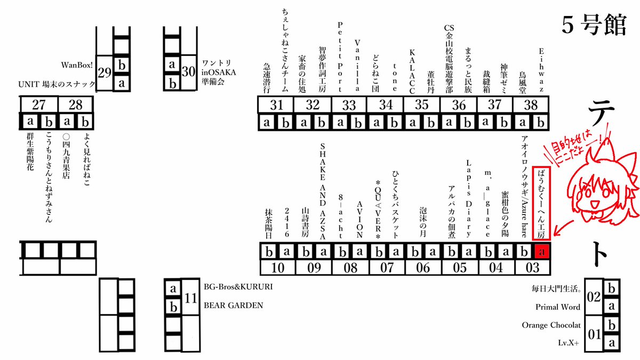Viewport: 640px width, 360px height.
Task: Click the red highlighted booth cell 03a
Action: pos(542,251)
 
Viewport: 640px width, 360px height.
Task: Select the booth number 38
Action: pos(531,104)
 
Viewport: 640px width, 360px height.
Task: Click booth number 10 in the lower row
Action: pos(278,267)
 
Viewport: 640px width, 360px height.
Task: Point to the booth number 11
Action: pos(190,297)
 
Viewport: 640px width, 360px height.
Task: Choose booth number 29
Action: pos(105,72)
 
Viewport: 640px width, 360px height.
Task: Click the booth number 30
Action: pos(188,71)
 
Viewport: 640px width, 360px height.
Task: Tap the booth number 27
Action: pos(38,103)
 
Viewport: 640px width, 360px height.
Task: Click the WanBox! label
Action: pos(78,65)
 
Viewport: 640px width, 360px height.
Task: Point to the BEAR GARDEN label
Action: pos(233,306)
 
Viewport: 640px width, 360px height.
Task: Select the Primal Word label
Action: pos(558,307)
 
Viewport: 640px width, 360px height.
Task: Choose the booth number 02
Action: pos(594,297)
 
